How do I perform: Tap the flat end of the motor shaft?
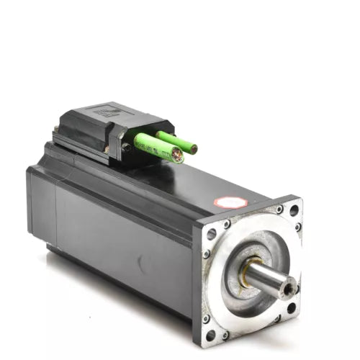pyautogui.click(x=289, y=289)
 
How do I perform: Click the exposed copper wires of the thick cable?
pyautogui.click(x=176, y=155)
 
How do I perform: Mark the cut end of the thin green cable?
pyautogui.click(x=193, y=149)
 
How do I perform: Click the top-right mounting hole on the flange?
pyautogui.click(x=294, y=210)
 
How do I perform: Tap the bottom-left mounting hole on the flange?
pyautogui.click(x=211, y=334)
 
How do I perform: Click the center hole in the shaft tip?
pyautogui.click(x=289, y=289)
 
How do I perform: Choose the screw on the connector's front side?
pyautogui.click(x=127, y=147)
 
